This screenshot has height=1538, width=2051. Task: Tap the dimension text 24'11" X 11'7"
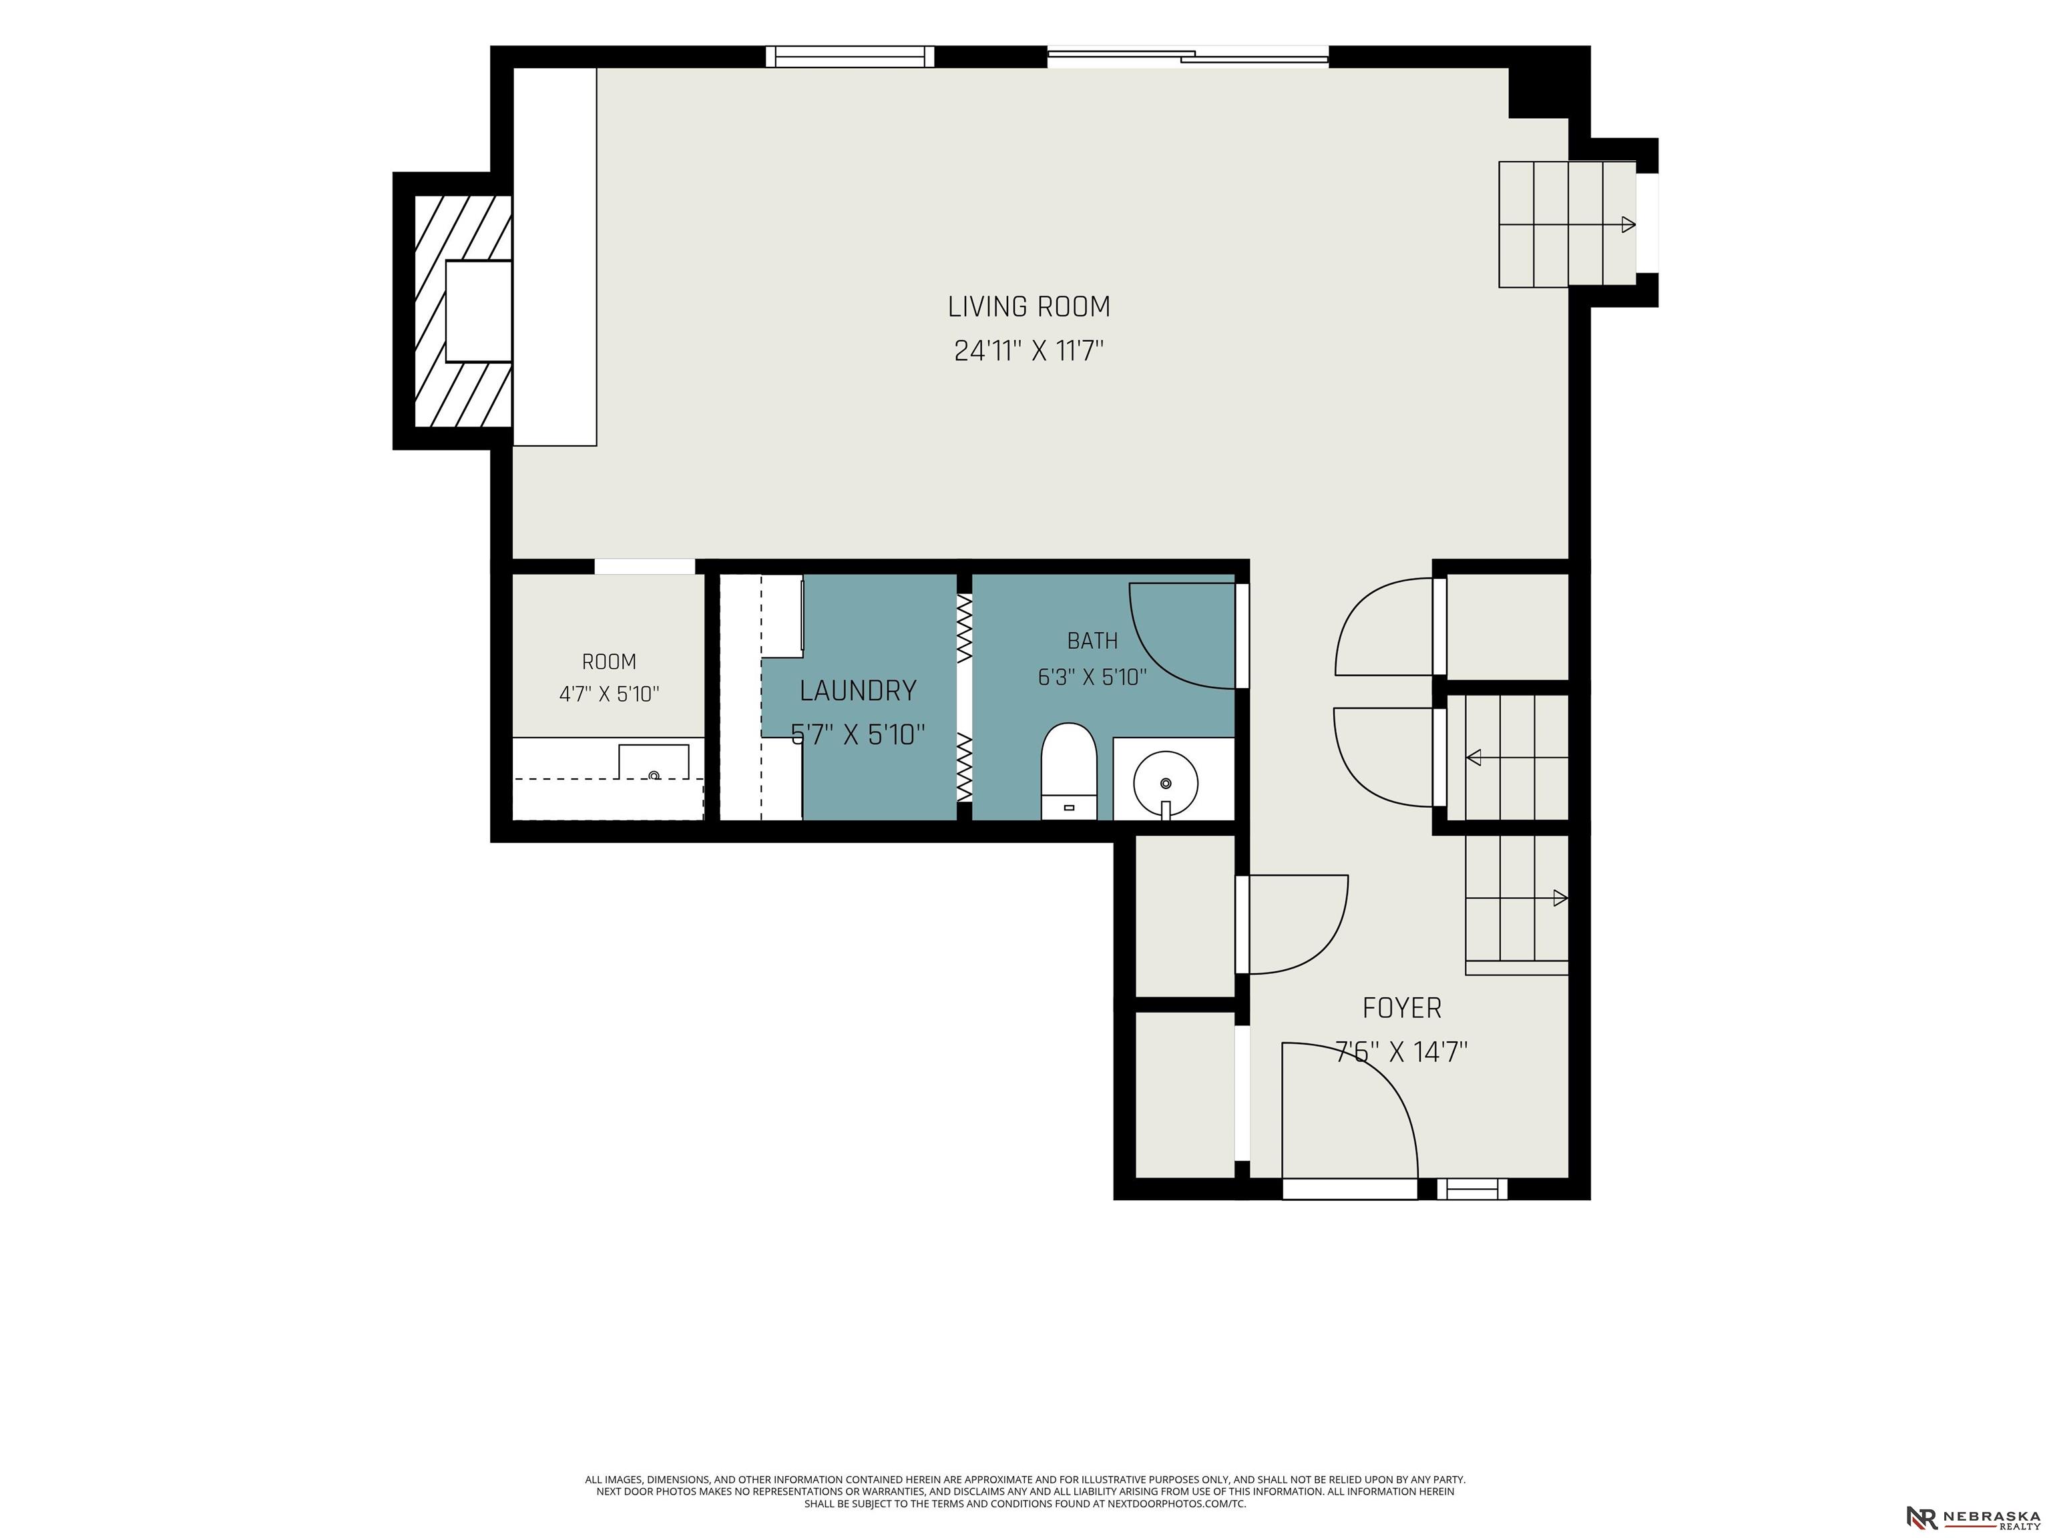coord(1030,351)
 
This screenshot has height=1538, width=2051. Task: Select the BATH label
coord(1092,641)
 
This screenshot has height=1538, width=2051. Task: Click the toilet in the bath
coord(1069,771)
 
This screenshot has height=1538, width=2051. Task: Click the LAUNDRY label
coord(858,691)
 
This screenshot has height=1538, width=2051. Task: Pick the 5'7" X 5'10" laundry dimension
coord(858,735)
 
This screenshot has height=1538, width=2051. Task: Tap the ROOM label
coord(609,662)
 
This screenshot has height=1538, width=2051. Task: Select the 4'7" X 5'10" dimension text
coord(609,694)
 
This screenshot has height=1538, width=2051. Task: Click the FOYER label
coord(1402,1008)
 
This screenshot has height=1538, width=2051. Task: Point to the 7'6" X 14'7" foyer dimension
coord(1402,1052)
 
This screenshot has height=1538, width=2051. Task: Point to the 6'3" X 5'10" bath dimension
coord(1092,678)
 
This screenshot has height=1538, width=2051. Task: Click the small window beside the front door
coord(1472,1188)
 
